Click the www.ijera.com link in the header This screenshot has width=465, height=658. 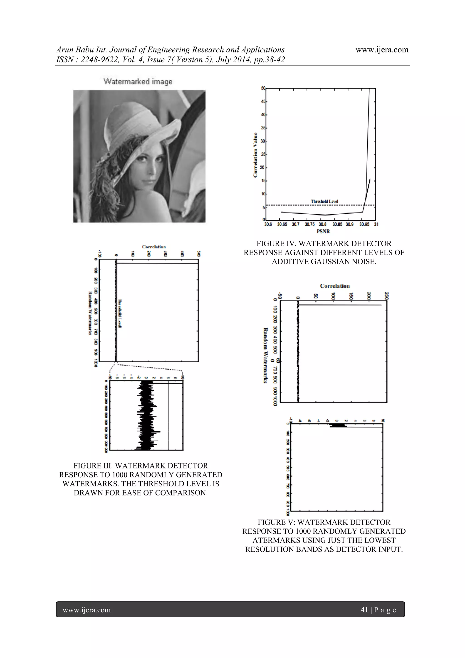coord(382,50)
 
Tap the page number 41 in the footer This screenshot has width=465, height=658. coord(364,610)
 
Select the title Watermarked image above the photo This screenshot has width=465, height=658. coord(138,82)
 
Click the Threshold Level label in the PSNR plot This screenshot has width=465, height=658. coord(324,201)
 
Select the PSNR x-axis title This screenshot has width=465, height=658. coord(323,231)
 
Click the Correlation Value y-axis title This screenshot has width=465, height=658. coord(255,155)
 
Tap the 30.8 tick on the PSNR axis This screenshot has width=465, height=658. coord(323,224)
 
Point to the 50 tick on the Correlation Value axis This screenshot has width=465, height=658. coord(263,88)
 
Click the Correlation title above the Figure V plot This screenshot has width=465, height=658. coord(335,286)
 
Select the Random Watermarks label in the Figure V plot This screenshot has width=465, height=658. coord(265,355)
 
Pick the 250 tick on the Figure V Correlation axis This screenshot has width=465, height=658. coord(386,295)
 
